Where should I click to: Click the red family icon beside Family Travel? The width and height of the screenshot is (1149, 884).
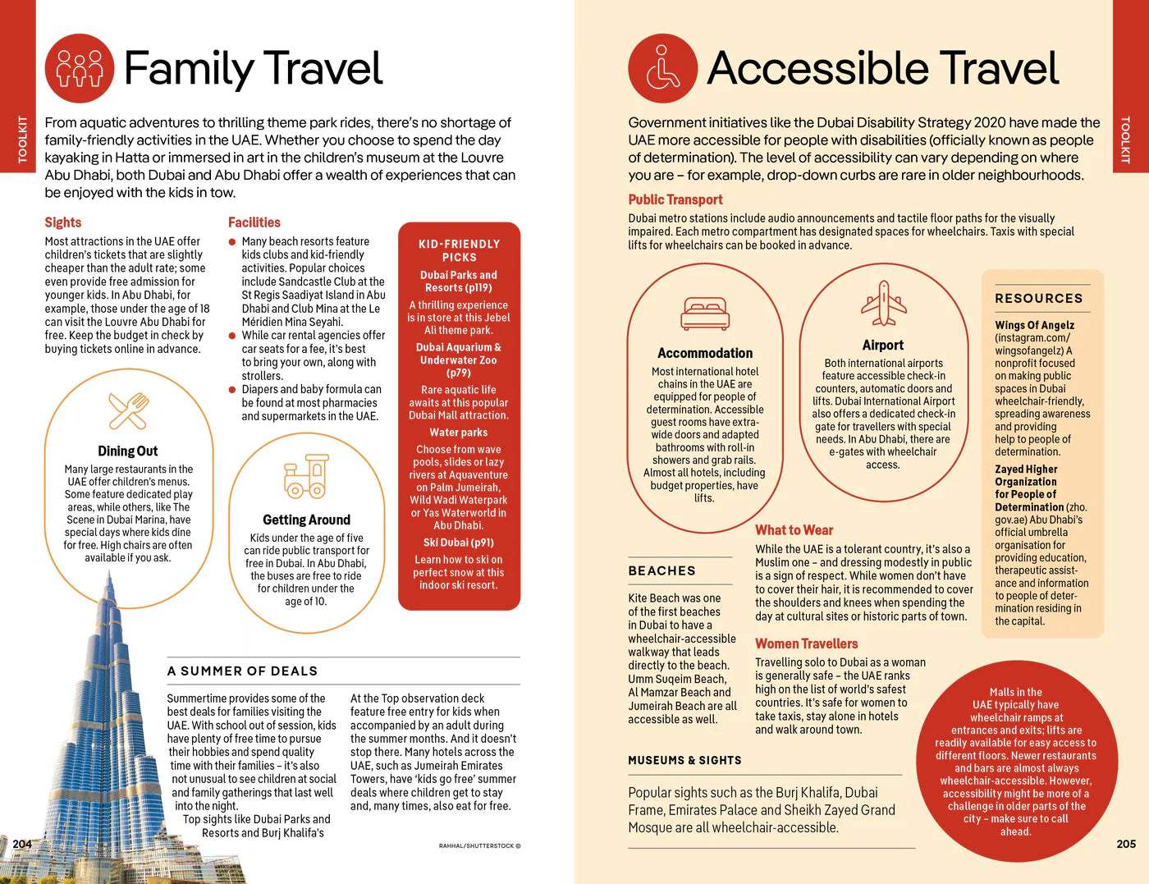tap(79, 68)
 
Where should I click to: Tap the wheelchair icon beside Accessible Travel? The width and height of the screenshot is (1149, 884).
tap(662, 68)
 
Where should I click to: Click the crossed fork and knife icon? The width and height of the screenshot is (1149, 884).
tap(128, 410)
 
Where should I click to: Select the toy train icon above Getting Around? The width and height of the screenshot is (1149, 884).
tap(305, 478)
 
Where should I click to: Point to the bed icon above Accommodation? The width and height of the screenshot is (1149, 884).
tap(704, 314)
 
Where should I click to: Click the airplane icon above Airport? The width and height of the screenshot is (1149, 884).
tap(883, 303)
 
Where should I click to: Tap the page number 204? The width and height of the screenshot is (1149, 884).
tap(22, 844)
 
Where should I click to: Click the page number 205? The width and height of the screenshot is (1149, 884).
tap(1126, 844)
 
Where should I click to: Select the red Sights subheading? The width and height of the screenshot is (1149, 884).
tap(63, 222)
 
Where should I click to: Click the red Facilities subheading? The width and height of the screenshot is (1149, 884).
tap(254, 222)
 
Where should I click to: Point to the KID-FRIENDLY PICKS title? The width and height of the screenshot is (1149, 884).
tap(459, 250)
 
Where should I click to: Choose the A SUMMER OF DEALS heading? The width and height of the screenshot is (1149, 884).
tap(242, 671)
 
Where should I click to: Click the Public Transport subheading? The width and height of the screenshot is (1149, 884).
tap(675, 199)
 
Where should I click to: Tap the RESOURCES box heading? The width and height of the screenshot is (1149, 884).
tap(1038, 299)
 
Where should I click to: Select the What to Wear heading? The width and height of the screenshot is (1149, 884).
tap(794, 530)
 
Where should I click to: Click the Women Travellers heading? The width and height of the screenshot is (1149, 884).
tap(806, 644)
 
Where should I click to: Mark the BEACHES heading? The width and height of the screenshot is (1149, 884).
tap(661, 571)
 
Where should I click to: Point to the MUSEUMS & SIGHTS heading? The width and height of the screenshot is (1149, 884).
tap(684, 761)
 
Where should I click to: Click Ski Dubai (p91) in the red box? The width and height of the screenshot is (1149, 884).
tap(459, 543)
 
